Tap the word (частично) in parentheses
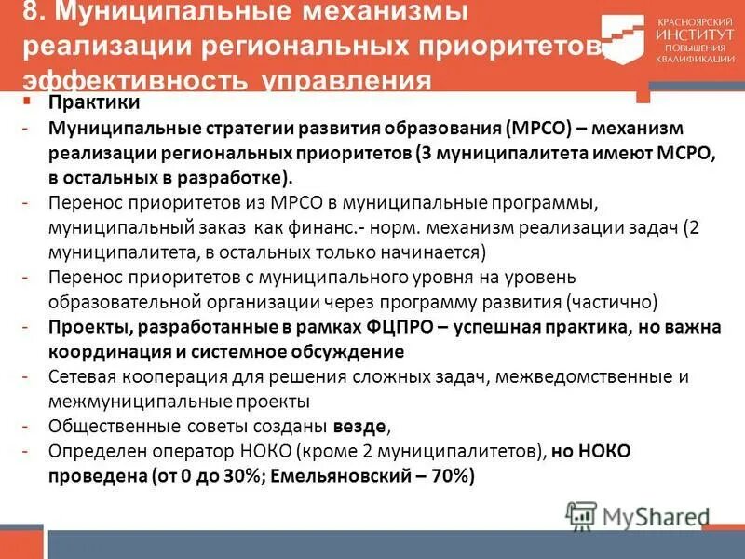coord(611,303)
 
